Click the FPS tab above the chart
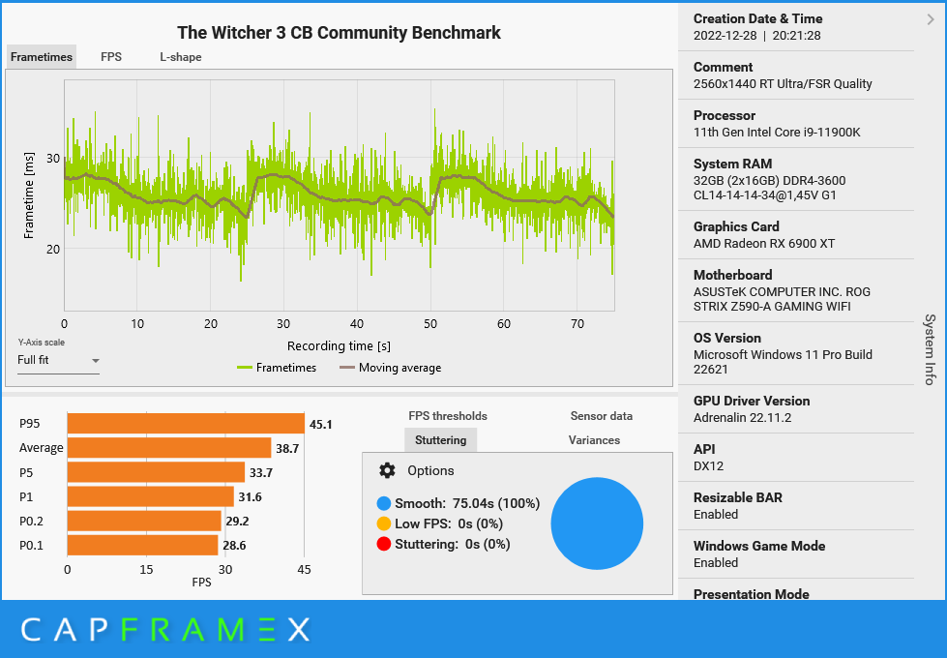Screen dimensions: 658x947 coord(111,57)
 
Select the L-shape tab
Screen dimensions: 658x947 coord(181,57)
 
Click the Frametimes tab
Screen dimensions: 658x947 coord(42,57)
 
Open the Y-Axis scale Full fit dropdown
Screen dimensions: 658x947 coord(58,361)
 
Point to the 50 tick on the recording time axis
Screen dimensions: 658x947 coord(430,324)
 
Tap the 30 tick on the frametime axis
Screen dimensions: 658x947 coord(53,159)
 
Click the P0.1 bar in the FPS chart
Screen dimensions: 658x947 coord(142,545)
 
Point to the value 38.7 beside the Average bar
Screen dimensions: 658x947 coord(288,448)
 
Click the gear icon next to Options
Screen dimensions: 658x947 coord(387,470)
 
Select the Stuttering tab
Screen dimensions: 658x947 coord(440,440)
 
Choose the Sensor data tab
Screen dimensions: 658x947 coord(601,416)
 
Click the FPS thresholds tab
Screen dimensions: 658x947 coord(448,416)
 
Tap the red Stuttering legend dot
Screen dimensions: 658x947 coord(384,544)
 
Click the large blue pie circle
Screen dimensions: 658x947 coord(597,523)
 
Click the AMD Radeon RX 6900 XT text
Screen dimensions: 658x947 coord(763,244)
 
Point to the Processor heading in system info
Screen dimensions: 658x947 coord(725,115)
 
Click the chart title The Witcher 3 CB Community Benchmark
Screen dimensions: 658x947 coord(339,33)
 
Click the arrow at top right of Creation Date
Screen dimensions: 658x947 coord(931,18)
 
